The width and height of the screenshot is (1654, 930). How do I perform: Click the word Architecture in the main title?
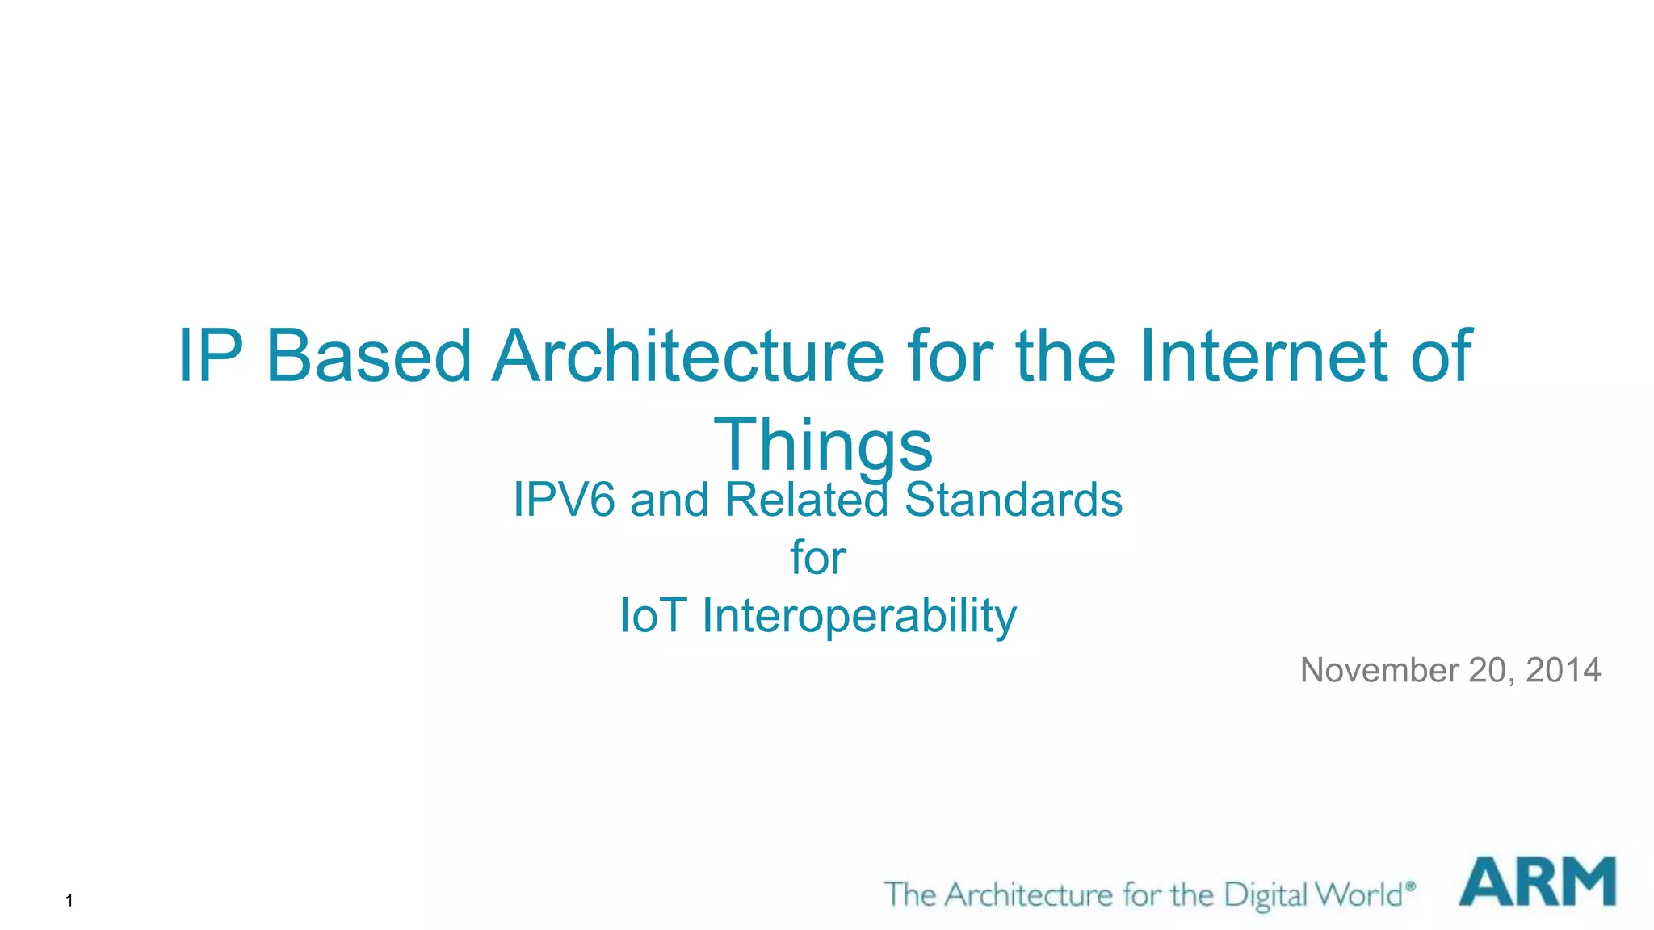tap(689, 356)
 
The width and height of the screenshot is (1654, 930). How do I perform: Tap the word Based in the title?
tap(368, 356)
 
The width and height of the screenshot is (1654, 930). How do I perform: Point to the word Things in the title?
tap(823, 445)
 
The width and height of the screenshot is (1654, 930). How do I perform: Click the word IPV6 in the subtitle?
tap(565, 500)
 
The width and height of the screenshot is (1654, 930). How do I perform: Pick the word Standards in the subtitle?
tap(1013, 500)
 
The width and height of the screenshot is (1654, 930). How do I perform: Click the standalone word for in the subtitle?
tap(817, 557)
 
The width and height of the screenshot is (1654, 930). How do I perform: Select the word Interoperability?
tap(859, 616)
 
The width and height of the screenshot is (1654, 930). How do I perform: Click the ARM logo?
tap(1537, 882)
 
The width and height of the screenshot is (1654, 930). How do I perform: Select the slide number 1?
tap(69, 901)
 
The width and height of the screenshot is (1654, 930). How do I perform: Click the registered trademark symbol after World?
tap(1410, 886)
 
